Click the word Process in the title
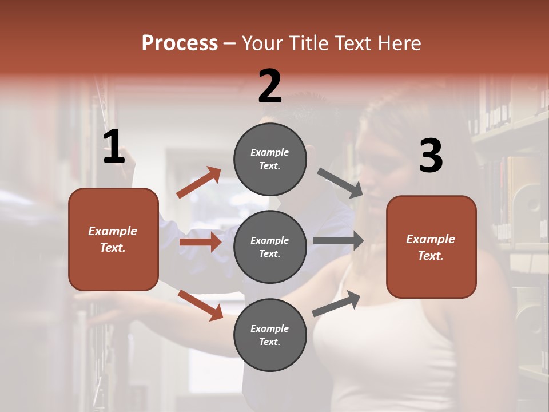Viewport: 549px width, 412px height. click(x=180, y=43)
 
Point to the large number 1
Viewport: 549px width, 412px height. click(x=114, y=147)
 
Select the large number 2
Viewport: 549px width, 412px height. click(x=270, y=86)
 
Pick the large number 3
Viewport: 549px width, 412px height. click(x=431, y=156)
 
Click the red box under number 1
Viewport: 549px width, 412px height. click(x=113, y=239)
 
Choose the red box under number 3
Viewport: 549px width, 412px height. click(x=431, y=247)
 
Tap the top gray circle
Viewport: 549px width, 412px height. click(x=270, y=159)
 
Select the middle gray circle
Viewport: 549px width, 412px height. click(x=270, y=247)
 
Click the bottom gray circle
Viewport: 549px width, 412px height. click(x=270, y=335)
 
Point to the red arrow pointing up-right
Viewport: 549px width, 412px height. click(x=199, y=183)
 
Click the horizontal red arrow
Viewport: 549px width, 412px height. click(x=200, y=242)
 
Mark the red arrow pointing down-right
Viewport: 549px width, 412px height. click(x=201, y=305)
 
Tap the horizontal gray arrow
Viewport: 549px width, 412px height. click(x=339, y=241)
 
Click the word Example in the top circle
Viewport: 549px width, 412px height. click(x=270, y=153)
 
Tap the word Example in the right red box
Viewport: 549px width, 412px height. click(x=431, y=239)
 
